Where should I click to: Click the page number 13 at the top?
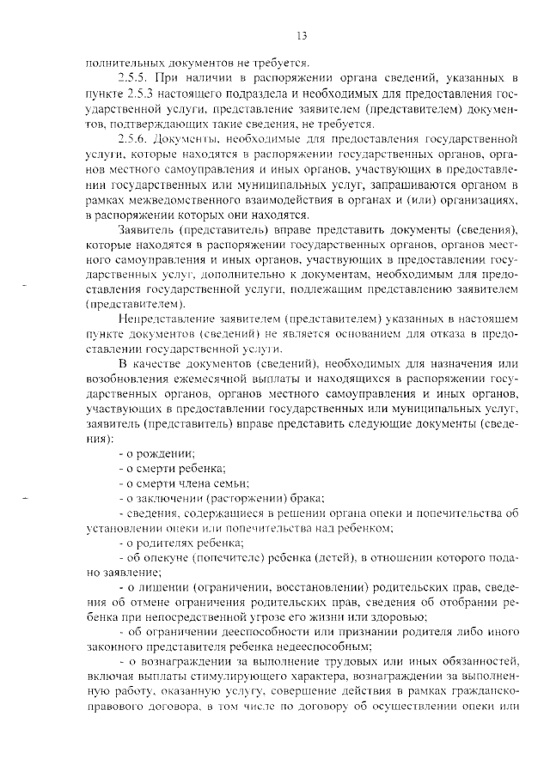tap(301, 35)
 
